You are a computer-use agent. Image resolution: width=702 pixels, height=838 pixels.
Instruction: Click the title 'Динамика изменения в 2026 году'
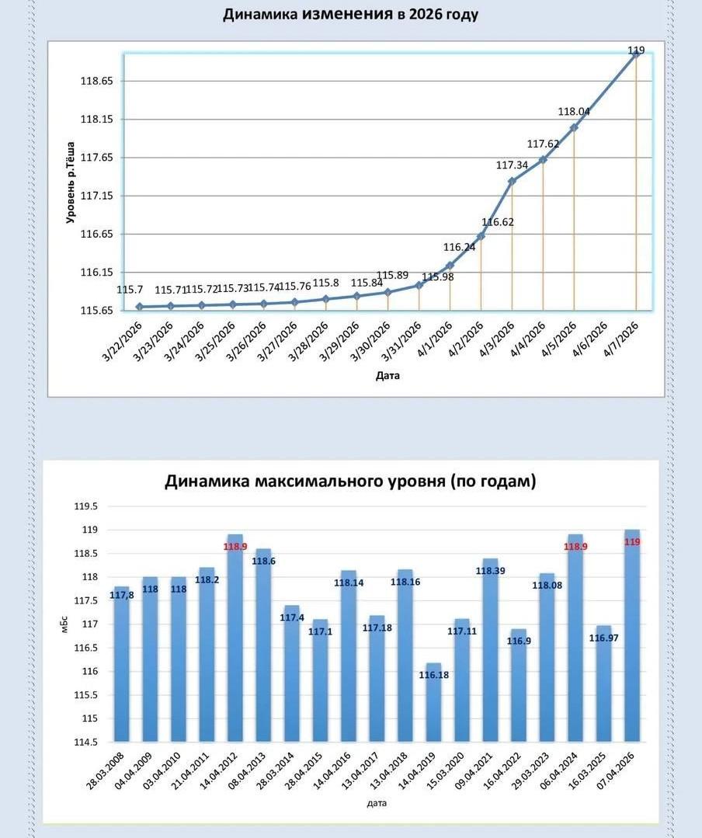(x=350, y=15)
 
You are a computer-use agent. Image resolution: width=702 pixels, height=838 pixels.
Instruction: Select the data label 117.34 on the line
(x=512, y=165)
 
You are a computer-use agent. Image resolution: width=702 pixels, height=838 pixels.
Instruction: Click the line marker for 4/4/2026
(x=543, y=159)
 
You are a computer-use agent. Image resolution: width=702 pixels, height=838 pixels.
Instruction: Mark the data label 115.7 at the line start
(x=127, y=290)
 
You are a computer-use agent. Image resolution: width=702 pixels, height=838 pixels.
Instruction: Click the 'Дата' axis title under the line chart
(x=387, y=376)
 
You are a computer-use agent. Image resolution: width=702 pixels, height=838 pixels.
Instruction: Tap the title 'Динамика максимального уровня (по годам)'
(x=350, y=482)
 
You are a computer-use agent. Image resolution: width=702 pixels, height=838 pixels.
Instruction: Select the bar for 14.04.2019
(x=434, y=703)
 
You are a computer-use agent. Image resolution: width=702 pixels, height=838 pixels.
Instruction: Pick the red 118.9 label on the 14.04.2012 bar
(x=235, y=547)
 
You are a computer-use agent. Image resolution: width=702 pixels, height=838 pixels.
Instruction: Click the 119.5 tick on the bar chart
(x=85, y=506)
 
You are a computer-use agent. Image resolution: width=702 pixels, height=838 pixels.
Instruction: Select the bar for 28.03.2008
(x=121, y=664)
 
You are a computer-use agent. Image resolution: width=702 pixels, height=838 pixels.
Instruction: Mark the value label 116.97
(x=604, y=638)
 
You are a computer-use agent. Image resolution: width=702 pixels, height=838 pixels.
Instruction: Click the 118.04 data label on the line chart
(x=574, y=111)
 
